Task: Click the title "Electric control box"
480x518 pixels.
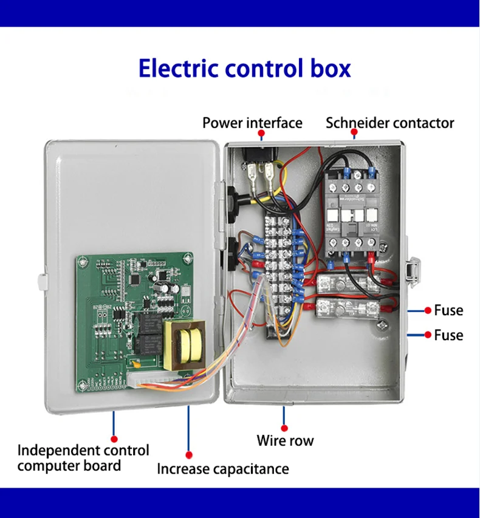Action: click(244, 68)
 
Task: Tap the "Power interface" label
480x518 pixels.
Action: click(252, 123)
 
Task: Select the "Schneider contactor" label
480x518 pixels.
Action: click(389, 123)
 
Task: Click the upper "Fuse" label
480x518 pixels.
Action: click(448, 310)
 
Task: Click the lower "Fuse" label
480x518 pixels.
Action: click(448, 335)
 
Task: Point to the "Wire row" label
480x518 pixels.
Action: click(285, 440)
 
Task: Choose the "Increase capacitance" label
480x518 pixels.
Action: click(222, 469)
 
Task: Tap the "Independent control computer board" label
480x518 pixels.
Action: click(83, 458)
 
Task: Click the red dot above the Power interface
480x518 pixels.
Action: click(261, 132)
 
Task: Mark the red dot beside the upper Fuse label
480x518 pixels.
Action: click(428, 310)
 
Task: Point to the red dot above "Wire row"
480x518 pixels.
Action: click(284, 427)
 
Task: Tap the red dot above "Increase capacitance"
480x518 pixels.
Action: click(189, 454)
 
